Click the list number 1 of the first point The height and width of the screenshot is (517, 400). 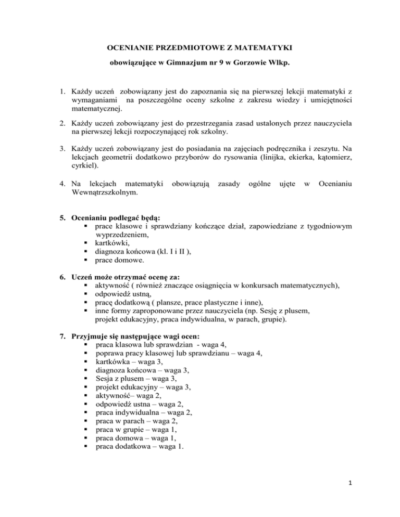(x=60, y=99)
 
